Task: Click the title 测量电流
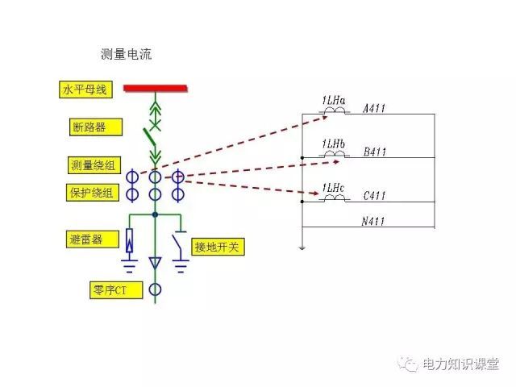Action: tap(127, 55)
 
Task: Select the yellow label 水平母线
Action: tap(85, 90)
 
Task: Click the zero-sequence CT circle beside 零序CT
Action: tap(155, 289)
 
